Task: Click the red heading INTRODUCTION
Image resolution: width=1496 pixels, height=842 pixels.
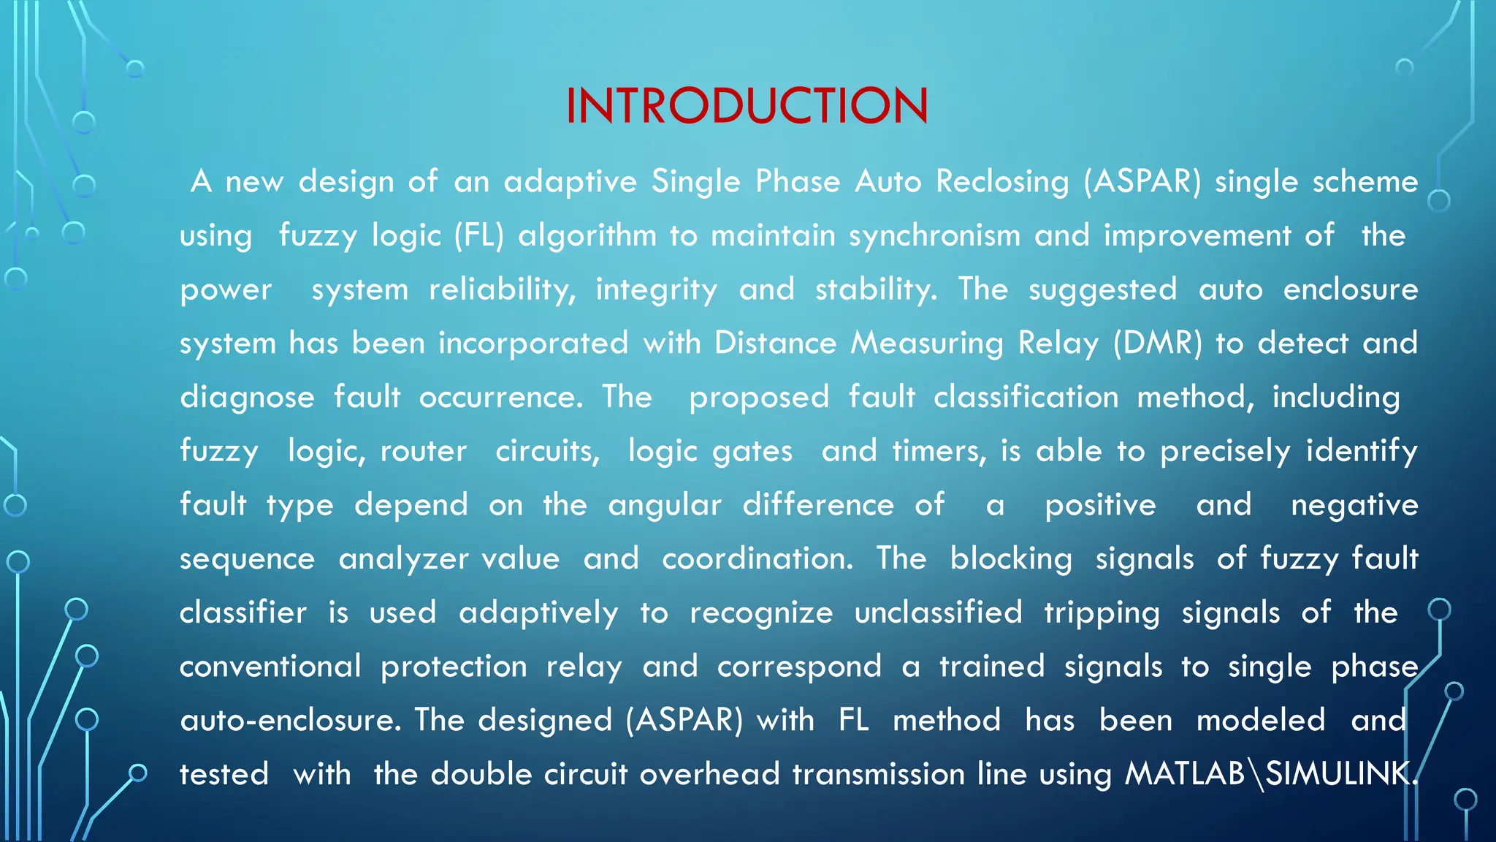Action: point(747,107)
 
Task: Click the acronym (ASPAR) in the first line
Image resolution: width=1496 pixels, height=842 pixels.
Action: point(1142,182)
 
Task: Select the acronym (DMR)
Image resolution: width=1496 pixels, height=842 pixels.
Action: point(1157,344)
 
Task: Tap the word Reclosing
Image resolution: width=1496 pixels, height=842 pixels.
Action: point(1002,182)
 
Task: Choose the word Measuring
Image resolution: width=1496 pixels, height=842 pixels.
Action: point(927,344)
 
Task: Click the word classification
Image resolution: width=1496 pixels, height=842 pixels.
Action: point(1026,398)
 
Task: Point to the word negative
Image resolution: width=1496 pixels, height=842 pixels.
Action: point(1354,505)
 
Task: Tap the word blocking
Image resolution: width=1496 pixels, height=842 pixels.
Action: point(1011,559)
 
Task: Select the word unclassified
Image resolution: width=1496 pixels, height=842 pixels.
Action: point(938,612)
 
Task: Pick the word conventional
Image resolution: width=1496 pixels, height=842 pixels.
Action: point(270,667)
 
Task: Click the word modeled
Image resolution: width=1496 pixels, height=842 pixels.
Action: point(1260,721)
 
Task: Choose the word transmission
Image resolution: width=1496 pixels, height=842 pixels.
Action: point(878,774)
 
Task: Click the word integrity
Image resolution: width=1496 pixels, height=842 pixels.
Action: point(656,290)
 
